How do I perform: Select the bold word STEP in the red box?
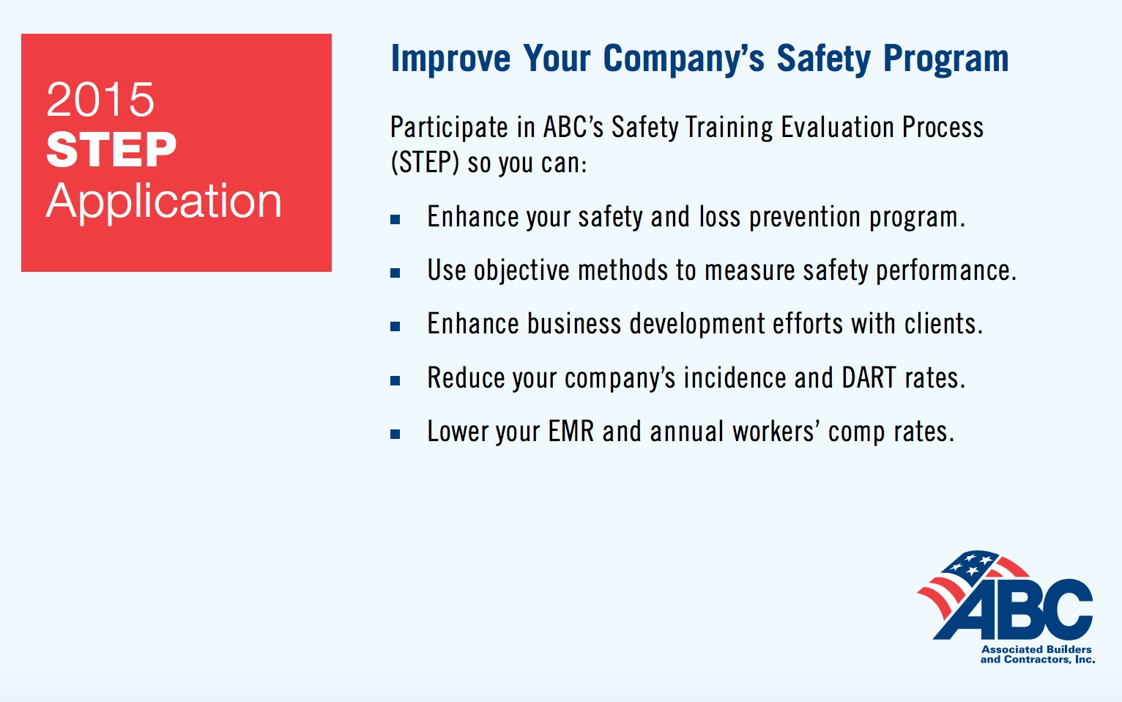click(x=111, y=149)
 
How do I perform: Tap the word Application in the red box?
click(x=164, y=202)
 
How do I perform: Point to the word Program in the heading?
click(x=945, y=59)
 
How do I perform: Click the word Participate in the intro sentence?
click(x=449, y=128)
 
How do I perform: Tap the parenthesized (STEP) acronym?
click(x=425, y=163)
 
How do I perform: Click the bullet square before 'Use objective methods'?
click(x=395, y=273)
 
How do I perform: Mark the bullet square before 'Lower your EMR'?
click(x=395, y=435)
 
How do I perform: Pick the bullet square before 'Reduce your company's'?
click(x=395, y=381)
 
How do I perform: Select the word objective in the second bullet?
click(x=521, y=271)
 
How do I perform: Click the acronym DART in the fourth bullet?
click(x=869, y=377)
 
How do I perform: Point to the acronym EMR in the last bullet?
click(x=571, y=432)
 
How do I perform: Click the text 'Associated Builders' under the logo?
click(x=1036, y=649)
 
